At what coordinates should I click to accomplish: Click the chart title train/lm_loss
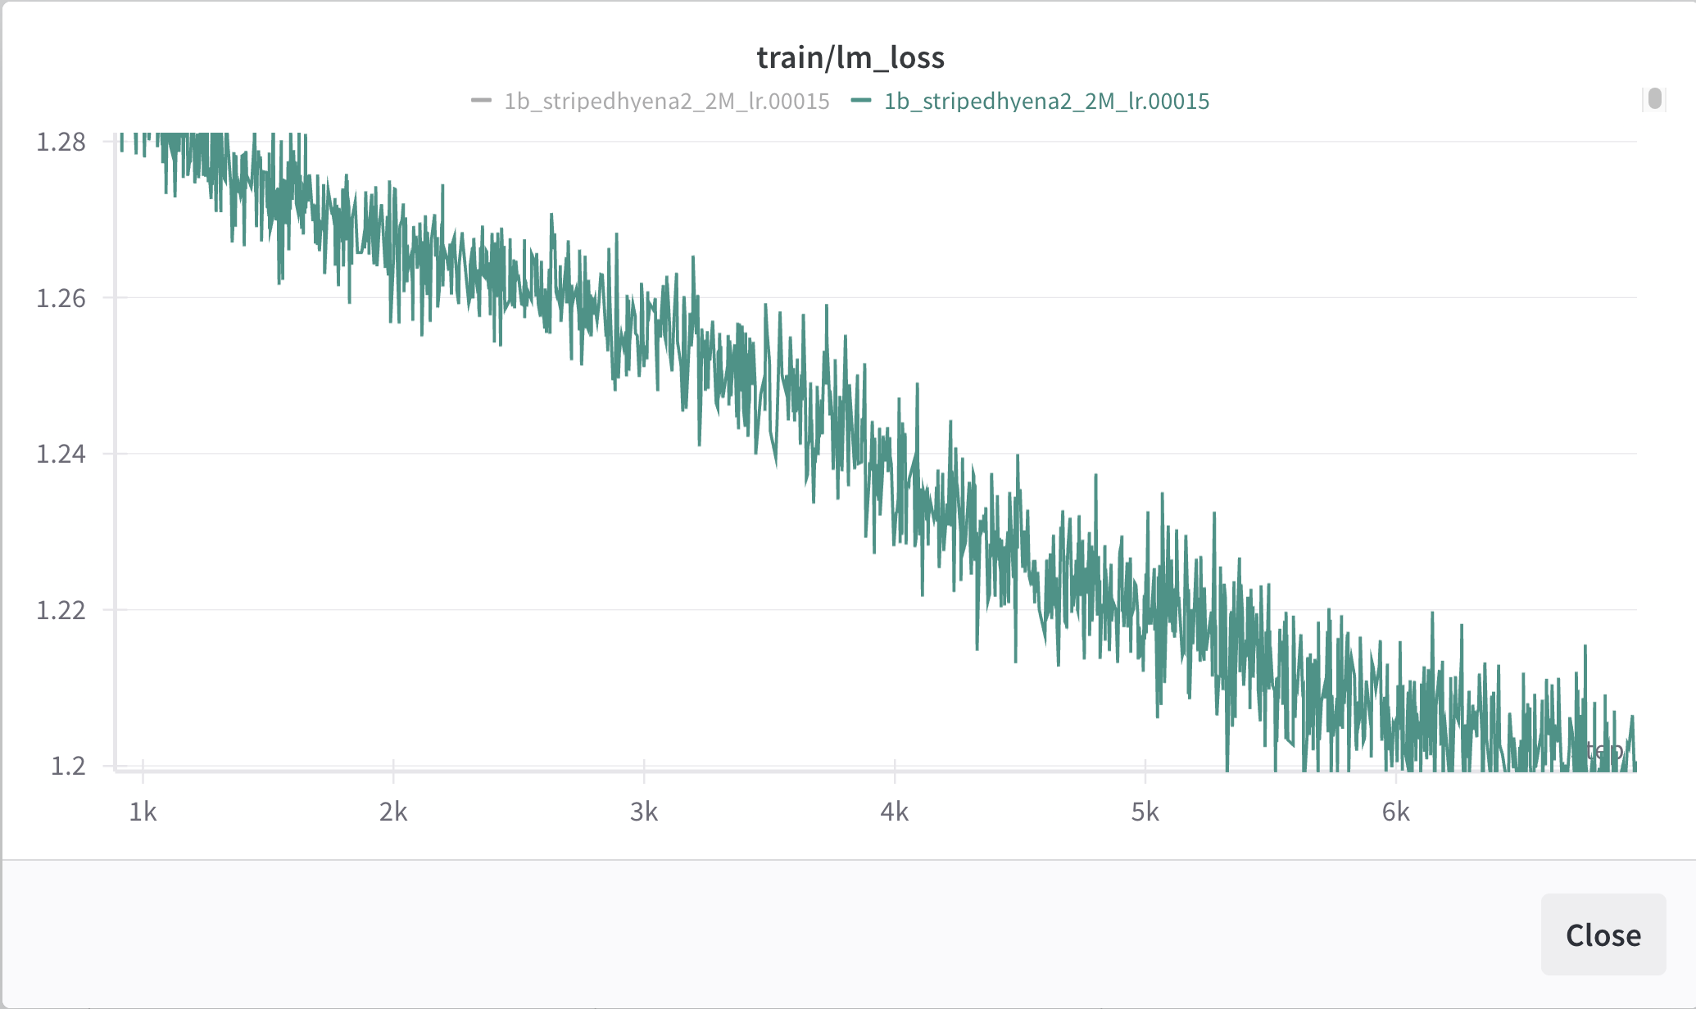click(850, 57)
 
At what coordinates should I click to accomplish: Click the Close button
click(1603, 934)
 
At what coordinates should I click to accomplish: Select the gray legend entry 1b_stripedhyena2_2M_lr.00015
click(666, 102)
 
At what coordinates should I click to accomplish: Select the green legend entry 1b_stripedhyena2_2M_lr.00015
click(1046, 102)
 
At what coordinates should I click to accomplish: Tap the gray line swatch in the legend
click(481, 101)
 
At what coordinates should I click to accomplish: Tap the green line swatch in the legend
click(861, 101)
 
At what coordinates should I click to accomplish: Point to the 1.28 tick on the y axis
click(61, 143)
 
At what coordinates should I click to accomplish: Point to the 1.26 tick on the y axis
click(61, 298)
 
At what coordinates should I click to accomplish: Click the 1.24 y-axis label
click(61, 454)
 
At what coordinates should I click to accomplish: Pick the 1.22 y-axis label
click(61, 610)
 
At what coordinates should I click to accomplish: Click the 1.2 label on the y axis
click(68, 766)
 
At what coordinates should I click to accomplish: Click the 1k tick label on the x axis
click(143, 812)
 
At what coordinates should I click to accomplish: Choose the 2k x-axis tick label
click(393, 812)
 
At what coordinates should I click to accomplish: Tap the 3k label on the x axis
click(644, 812)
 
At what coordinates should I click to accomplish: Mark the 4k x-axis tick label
click(895, 812)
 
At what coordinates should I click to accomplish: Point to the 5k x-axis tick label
click(1145, 812)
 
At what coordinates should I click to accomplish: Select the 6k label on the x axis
click(1396, 812)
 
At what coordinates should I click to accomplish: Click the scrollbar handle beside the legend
click(1655, 99)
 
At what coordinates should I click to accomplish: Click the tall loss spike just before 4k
click(827, 308)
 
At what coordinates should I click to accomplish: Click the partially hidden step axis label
click(1604, 750)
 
